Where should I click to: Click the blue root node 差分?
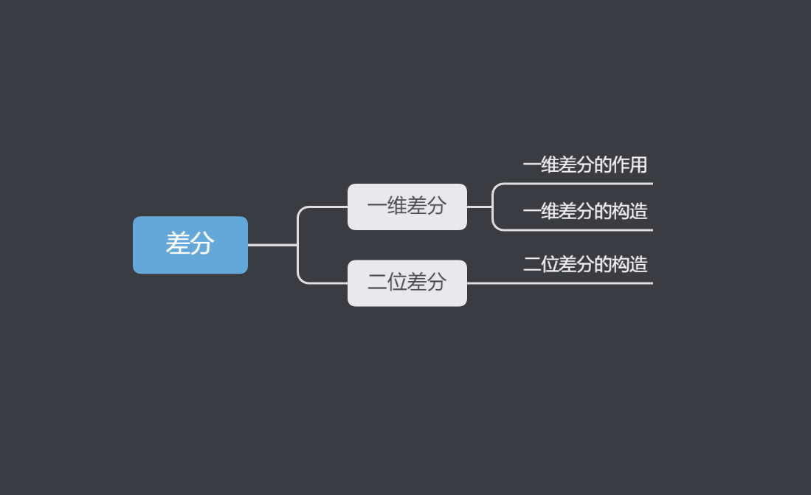pyautogui.click(x=190, y=244)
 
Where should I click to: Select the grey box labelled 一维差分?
pyautogui.click(x=407, y=207)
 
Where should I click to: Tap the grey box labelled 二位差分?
pyautogui.click(x=407, y=283)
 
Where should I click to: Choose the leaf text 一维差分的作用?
pyautogui.click(x=584, y=165)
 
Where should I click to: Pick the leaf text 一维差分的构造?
pyautogui.click(x=584, y=212)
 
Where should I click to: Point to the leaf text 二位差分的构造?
pyautogui.click(x=584, y=264)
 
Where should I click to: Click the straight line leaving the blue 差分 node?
pyautogui.click(x=272, y=244)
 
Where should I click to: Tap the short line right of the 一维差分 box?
pyautogui.click(x=479, y=207)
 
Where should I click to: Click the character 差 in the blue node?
pyautogui.click(x=178, y=243)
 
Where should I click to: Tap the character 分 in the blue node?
pyautogui.click(x=202, y=243)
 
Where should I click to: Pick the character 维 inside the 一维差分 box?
pyautogui.click(x=396, y=206)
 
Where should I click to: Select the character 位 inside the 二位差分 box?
pyautogui.click(x=396, y=282)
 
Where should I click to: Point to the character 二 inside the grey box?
pyautogui.click(x=376, y=282)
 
